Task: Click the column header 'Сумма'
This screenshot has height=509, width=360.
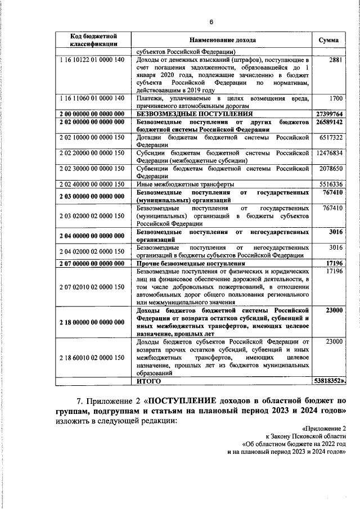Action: (x=328, y=40)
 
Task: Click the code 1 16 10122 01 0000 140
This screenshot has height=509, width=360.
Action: (x=93, y=59)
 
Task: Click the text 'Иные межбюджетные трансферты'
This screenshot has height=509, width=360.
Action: (x=186, y=184)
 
